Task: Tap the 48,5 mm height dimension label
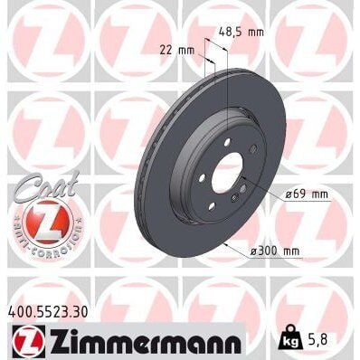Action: tap(242, 32)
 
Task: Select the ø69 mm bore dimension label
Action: tap(304, 194)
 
